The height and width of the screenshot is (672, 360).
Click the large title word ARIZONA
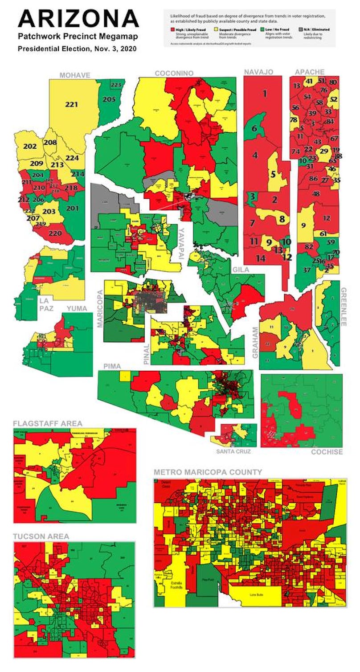point(78,19)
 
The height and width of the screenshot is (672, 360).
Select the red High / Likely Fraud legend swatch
point(173,29)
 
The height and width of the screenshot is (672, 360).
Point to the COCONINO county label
point(174,73)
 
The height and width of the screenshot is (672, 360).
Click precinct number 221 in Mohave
point(71,105)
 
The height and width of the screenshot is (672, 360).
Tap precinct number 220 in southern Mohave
point(56,233)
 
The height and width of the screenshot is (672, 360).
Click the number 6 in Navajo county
point(254,128)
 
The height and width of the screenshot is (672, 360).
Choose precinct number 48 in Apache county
point(316,194)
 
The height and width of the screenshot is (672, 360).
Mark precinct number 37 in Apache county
point(307,270)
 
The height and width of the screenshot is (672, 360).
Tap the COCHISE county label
point(327,451)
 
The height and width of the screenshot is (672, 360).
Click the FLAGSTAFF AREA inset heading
point(48,423)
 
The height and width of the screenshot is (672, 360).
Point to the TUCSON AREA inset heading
point(41,537)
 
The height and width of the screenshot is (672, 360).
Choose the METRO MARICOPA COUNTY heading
point(208,472)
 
